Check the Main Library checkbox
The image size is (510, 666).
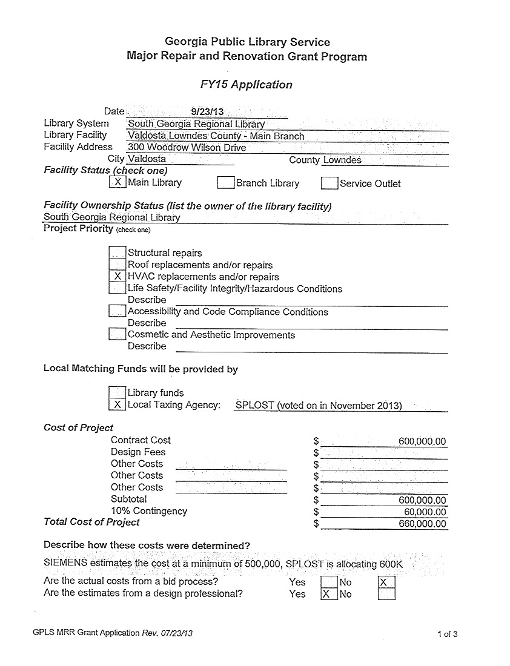pyautogui.click(x=118, y=182)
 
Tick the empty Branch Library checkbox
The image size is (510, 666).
pyautogui.click(x=226, y=183)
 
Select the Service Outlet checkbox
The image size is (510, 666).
pyautogui.click(x=330, y=183)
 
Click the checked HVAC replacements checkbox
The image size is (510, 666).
pyautogui.click(x=118, y=277)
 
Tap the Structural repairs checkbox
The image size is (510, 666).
pyautogui.click(x=118, y=252)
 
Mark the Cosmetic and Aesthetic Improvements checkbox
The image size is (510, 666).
pyautogui.click(x=118, y=334)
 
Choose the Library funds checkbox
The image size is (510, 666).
pyautogui.click(x=118, y=392)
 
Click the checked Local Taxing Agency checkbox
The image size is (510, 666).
pyautogui.click(x=118, y=404)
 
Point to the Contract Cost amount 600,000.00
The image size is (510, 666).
pyautogui.click(x=422, y=441)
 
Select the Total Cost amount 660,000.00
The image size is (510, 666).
pyautogui.click(x=422, y=524)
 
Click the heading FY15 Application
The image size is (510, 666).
pyautogui.click(x=247, y=85)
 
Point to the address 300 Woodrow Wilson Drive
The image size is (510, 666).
pyautogui.click(x=187, y=148)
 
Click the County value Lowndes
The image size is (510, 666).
pyautogui.click(x=342, y=160)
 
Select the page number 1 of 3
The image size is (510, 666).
pyautogui.click(x=447, y=635)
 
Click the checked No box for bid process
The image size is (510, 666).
pyautogui.click(x=386, y=582)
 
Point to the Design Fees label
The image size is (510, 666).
pyautogui.click(x=138, y=452)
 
